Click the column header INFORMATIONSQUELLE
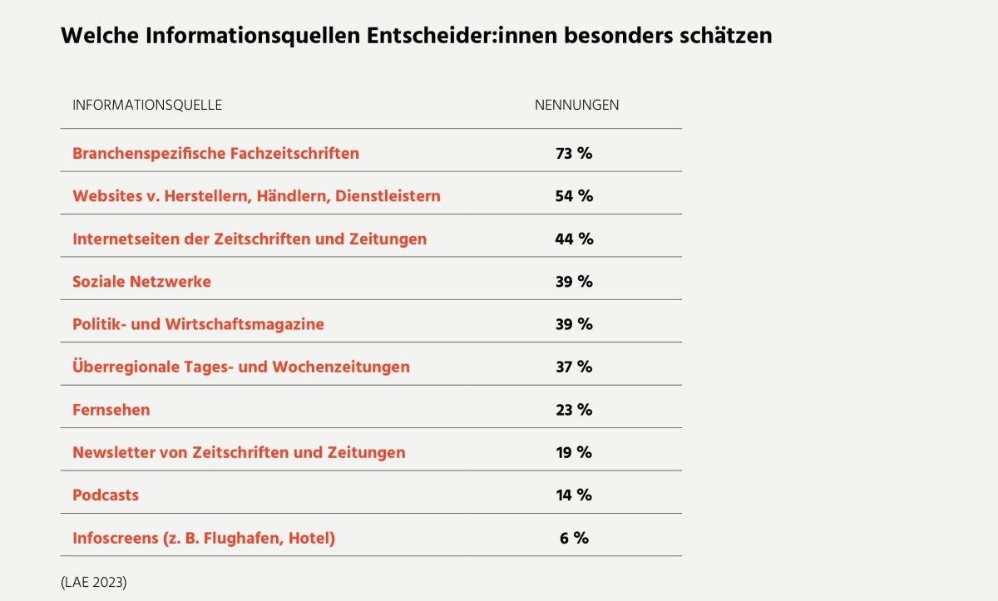(147, 105)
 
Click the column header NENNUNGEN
(576, 105)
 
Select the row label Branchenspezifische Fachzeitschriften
(215, 153)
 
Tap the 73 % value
(574, 153)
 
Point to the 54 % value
(574, 196)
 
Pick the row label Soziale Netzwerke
(141, 282)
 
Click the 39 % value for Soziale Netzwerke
(574, 282)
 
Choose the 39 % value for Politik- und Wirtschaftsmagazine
(574, 324)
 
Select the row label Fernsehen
(111, 410)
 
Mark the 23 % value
(574, 410)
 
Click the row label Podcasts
(106, 495)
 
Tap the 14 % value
(574, 495)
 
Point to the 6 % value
(574, 538)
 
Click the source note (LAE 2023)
(93, 582)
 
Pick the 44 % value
(574, 239)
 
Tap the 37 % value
(574, 367)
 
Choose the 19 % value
(574, 452)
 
